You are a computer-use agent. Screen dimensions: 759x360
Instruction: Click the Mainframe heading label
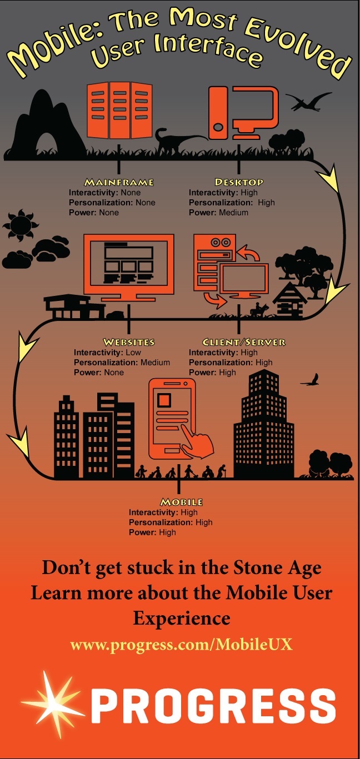point(118,182)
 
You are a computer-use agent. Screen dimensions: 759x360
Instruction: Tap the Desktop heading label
point(239,182)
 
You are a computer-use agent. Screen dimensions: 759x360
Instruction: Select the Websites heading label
point(128,342)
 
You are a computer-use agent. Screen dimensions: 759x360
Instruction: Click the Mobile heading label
point(181,502)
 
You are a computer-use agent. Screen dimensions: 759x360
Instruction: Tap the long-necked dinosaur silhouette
point(172,143)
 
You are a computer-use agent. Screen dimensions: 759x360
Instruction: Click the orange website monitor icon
point(128,265)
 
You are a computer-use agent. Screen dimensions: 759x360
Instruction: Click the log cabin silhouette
point(291,303)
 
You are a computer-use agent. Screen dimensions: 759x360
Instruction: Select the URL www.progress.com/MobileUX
point(181,645)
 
